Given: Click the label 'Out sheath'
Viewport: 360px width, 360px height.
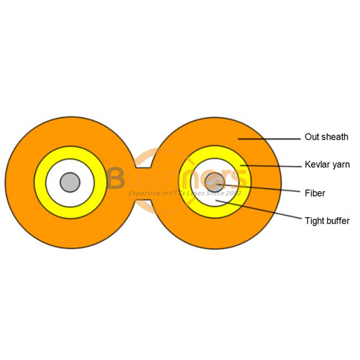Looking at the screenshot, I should click(326, 137).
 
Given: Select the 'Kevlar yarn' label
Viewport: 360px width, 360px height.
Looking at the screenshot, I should click(327, 164).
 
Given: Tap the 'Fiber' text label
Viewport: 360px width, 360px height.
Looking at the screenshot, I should click(315, 193).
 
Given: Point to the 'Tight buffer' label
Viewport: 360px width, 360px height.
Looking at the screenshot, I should click(327, 221).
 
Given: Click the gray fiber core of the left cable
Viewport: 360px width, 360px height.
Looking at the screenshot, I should click(70, 182).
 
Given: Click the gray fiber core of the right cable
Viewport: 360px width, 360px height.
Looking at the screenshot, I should click(214, 182).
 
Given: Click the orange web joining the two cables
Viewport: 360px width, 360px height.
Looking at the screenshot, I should click(142, 183).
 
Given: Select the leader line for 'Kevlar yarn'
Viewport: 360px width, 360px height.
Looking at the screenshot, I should click(271, 166).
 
